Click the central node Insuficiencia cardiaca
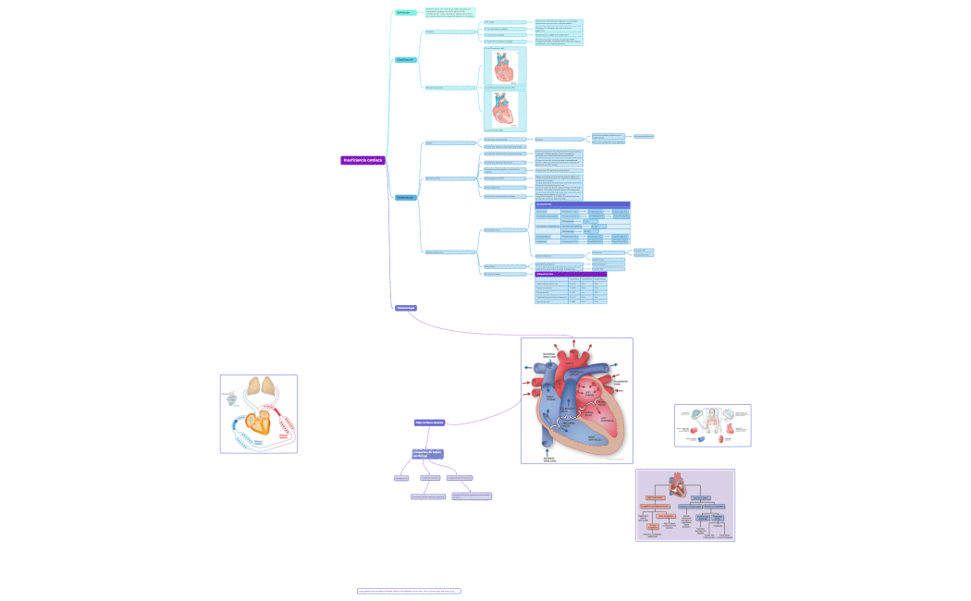click(363, 160)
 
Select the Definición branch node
click(404, 13)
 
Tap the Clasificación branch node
click(405, 59)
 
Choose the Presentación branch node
click(405, 197)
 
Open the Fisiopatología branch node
click(405, 308)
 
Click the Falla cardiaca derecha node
click(430, 423)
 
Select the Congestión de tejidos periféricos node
click(427, 454)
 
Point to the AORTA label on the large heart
click(575, 373)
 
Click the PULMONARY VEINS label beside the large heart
click(621, 381)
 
